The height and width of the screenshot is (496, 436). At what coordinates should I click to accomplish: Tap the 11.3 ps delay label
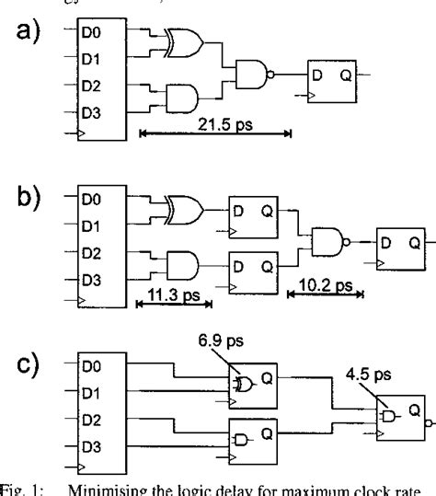point(173,287)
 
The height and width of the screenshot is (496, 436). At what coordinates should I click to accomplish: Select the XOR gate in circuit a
point(182,40)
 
